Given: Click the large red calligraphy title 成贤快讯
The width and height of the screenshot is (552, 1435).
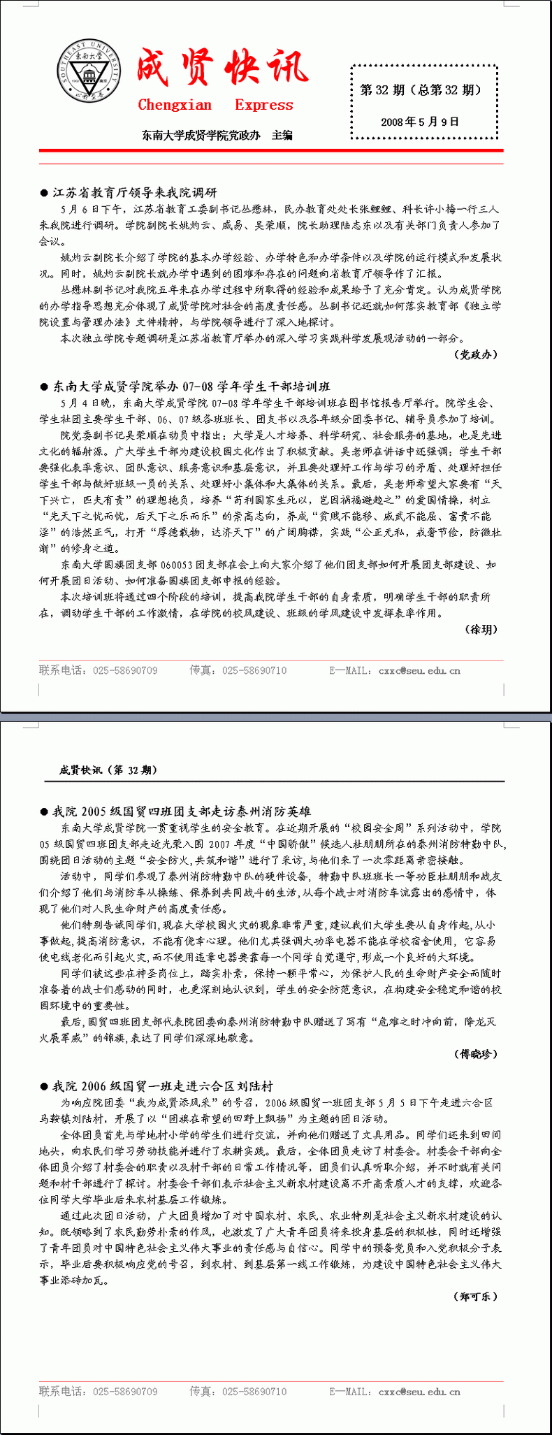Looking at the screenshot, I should tap(222, 68).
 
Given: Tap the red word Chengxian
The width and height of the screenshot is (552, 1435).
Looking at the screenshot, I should tap(175, 106).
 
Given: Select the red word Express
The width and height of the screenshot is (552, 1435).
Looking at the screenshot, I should tap(264, 106).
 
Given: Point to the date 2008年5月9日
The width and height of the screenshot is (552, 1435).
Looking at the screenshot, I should tap(420, 122).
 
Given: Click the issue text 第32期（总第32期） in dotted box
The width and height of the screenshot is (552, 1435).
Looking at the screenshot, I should tap(420, 89).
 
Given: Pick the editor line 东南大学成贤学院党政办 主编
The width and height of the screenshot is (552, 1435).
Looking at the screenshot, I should tap(217, 135).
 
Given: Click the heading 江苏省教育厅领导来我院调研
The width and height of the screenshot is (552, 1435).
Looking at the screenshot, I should tap(135, 192).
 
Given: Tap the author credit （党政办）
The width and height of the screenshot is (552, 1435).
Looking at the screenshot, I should tap(477, 354).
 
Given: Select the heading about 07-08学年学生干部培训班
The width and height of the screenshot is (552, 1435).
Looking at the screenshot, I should tap(191, 387).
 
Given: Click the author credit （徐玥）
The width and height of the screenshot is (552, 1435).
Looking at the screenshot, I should tap(481, 629).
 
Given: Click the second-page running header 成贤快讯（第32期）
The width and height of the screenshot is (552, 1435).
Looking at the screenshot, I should tap(108, 770).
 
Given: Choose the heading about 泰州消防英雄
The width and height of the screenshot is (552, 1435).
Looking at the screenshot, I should tap(181, 812).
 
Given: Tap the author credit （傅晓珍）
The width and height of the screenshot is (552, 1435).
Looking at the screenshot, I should tap(477, 1053).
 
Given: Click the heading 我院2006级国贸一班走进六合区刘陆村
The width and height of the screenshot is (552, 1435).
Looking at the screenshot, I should tap(162, 1086).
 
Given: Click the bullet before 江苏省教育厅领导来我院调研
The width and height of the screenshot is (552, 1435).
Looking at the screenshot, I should tap(44, 193).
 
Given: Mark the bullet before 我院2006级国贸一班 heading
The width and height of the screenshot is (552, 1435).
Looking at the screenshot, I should tap(44, 1087).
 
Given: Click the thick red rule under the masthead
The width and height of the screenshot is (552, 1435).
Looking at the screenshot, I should tap(271, 150).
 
